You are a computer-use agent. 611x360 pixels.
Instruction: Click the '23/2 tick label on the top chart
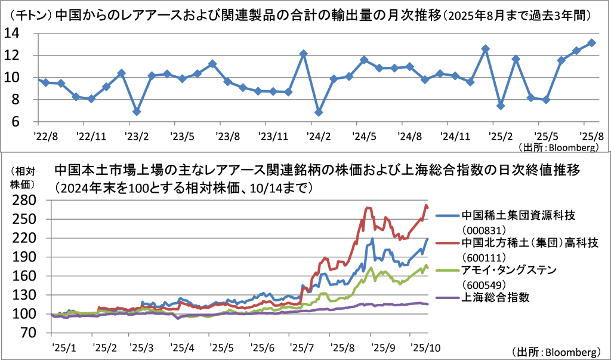click(137, 136)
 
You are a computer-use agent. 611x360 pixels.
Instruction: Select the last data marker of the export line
click(591, 43)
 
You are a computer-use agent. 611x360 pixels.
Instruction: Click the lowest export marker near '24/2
click(319, 112)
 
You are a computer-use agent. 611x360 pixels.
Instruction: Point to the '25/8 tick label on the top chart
click(592, 136)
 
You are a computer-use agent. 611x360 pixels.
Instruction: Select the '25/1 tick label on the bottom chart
click(62, 347)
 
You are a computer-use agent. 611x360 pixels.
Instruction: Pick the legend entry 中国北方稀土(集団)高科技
click(525, 243)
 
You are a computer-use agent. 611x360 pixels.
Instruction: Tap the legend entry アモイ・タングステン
click(508, 270)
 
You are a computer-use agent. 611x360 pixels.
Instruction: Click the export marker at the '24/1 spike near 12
click(303, 54)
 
